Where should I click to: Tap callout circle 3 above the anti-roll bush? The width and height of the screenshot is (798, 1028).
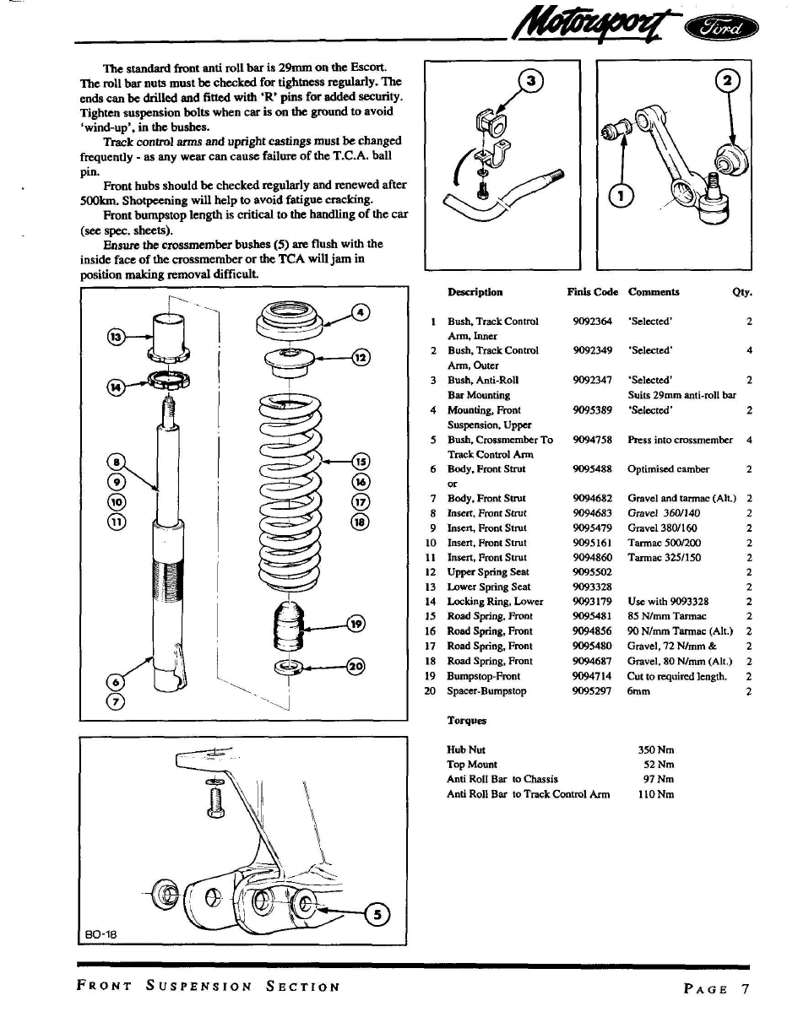530,82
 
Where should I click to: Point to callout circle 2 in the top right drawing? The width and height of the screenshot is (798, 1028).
726,82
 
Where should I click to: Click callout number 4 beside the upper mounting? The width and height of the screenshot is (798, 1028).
361,312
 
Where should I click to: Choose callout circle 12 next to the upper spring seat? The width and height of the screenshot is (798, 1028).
361,357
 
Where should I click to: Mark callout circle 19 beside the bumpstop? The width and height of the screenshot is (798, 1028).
356,625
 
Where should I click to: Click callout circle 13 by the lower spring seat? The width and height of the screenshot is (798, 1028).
117,337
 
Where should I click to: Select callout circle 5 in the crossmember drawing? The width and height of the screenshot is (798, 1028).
377,913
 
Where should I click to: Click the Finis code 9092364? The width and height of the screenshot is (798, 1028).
592,322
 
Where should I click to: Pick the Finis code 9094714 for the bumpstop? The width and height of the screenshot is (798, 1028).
592,676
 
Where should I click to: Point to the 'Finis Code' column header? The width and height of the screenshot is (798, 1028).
593,292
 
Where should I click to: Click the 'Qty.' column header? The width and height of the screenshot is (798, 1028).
741,293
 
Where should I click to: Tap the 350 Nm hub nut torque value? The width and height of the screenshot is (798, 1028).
657,749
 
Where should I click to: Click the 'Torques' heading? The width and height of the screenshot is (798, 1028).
466,721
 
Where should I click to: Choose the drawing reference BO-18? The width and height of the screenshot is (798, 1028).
100,933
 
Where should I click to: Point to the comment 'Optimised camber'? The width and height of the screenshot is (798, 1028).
668,469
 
